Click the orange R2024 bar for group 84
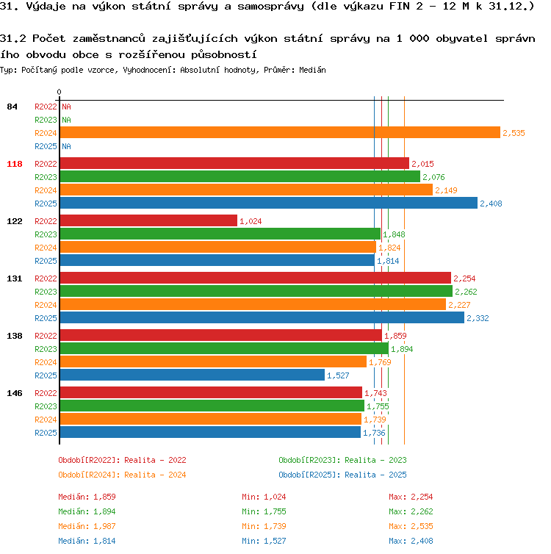click(x=280, y=132)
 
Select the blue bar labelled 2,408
click(x=269, y=203)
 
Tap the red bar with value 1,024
click(x=148, y=221)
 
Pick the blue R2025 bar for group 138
click(x=192, y=375)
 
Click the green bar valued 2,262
click(x=256, y=292)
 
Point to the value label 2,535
click(x=514, y=133)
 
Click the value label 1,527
click(x=338, y=375)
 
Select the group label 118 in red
click(x=15, y=164)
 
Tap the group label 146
click(x=15, y=393)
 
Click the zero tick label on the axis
click(x=59, y=93)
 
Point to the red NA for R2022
click(x=66, y=107)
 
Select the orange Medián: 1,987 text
click(x=87, y=526)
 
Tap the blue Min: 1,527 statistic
click(x=264, y=541)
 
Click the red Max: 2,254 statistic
click(x=411, y=497)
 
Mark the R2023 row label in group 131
click(x=46, y=292)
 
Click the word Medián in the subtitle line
click(x=312, y=70)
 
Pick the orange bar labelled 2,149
click(x=246, y=190)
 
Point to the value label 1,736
click(x=374, y=433)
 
